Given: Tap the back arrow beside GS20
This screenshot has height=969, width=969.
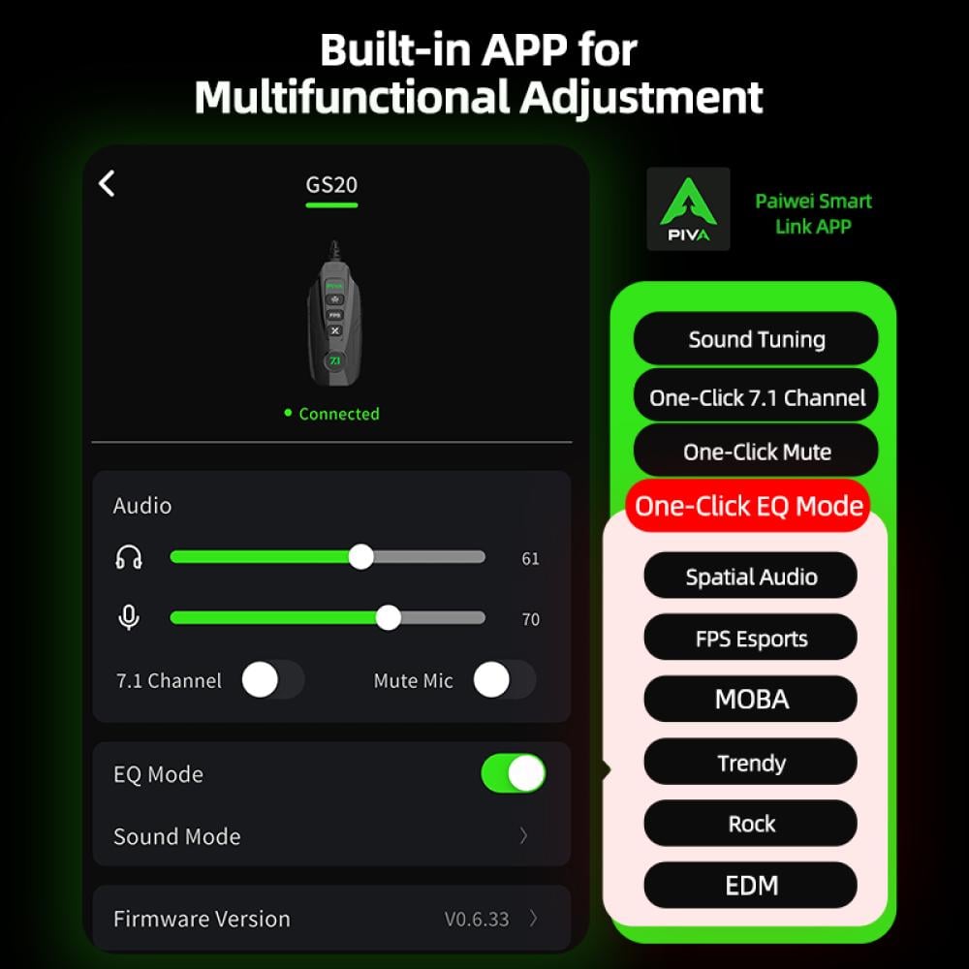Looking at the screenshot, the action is coord(107,183).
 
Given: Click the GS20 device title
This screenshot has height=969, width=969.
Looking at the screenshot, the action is coord(331,185).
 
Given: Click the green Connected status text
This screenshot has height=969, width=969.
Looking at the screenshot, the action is coord(338,414).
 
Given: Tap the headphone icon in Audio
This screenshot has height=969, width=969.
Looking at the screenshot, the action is coord(129,557).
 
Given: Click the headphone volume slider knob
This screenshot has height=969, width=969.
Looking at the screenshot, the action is coord(360,557).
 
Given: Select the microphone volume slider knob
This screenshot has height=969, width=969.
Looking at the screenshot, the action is coord(389,618).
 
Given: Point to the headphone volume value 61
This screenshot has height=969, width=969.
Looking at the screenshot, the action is coord(530,559).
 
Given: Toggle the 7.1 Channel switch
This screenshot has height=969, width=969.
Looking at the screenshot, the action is coord(273,680).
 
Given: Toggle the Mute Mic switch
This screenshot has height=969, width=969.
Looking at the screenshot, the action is coord(504,680).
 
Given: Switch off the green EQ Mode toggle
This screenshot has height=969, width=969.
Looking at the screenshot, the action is coord(514,773).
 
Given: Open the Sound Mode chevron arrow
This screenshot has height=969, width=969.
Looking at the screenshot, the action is coord(523,835).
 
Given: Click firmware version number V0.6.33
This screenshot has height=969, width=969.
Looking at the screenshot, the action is coord(477,920).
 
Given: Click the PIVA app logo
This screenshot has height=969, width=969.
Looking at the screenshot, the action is coord(688,209).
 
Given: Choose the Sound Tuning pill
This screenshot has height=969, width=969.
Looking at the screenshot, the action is coord(756,338).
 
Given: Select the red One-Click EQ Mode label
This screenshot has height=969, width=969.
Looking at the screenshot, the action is coord(748,506).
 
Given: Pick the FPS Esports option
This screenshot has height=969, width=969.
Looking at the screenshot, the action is coord(751,638).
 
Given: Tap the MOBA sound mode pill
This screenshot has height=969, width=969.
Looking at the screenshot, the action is coord(751,699).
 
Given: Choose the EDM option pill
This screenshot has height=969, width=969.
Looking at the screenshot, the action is coord(751,886).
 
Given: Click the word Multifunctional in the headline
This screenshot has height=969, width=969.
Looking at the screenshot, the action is coord(352,97).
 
